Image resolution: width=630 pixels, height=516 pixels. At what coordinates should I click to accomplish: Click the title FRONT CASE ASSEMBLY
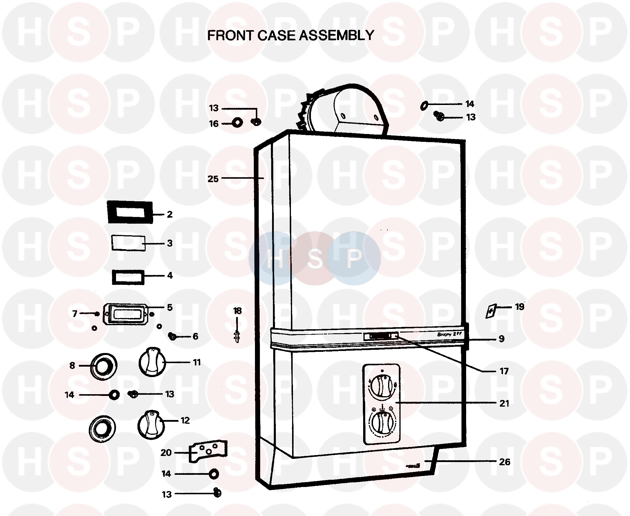pos(290,35)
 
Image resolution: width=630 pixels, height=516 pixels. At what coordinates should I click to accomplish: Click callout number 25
pos(213,179)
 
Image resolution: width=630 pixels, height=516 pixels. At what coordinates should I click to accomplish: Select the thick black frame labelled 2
pos(130,213)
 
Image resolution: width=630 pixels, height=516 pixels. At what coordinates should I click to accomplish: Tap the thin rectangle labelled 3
pos(128,243)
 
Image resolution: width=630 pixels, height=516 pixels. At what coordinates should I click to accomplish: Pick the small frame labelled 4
pos(128,277)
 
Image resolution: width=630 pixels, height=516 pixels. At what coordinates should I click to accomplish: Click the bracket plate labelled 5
pos(125,314)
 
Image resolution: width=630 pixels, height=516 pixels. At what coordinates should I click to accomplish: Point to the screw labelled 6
pos(172,336)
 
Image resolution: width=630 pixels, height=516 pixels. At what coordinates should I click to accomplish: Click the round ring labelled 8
pos(103,367)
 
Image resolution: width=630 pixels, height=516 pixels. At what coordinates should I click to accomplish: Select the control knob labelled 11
pos(152,363)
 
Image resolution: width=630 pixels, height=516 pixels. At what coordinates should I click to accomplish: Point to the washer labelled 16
pos(237,122)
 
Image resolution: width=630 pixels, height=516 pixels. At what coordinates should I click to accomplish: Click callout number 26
pos(504,461)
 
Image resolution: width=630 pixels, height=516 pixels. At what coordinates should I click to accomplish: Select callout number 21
pos(504,403)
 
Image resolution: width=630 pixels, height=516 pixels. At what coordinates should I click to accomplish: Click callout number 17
pos(504,371)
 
